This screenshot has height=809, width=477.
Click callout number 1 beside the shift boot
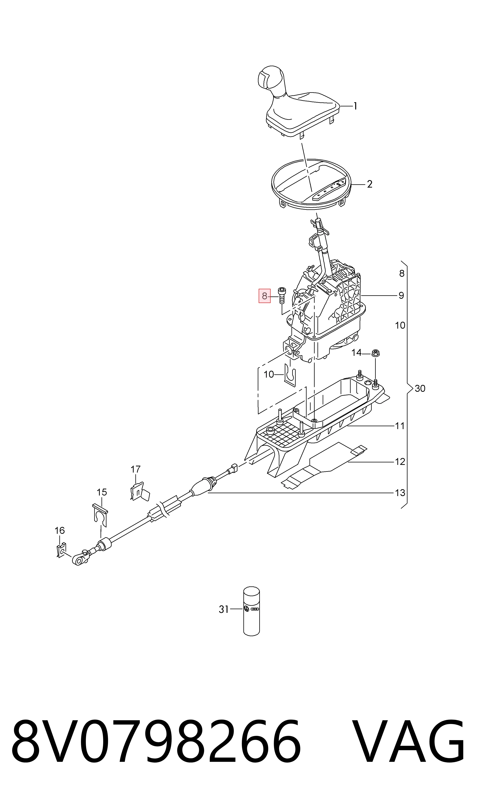coord(355,106)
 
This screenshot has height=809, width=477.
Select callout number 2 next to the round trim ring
coord(370,184)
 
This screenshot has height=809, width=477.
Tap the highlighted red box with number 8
coord(264,296)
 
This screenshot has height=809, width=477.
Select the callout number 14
coord(357,353)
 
